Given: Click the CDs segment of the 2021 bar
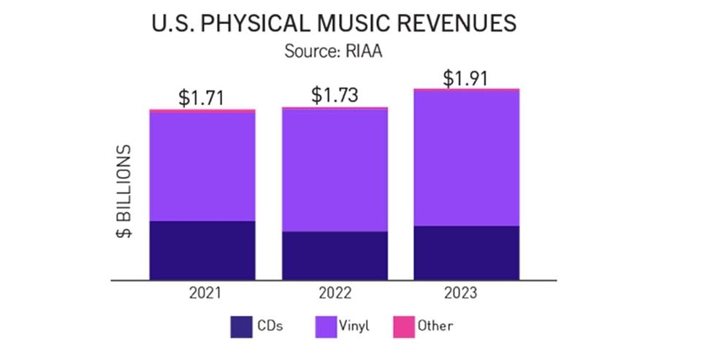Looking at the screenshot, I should point(202,250).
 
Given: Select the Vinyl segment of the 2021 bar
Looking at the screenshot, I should point(202,166).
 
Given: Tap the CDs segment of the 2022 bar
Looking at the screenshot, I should point(335,255).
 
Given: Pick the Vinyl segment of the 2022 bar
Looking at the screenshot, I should point(335,170).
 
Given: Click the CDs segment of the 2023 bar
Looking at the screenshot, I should point(467,253).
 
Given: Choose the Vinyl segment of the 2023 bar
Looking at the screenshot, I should point(467,158).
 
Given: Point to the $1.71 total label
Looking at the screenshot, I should point(202,98).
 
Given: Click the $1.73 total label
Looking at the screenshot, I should point(335,95).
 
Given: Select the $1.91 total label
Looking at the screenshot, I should point(467,77).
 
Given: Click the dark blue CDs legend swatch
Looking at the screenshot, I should point(241,326).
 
